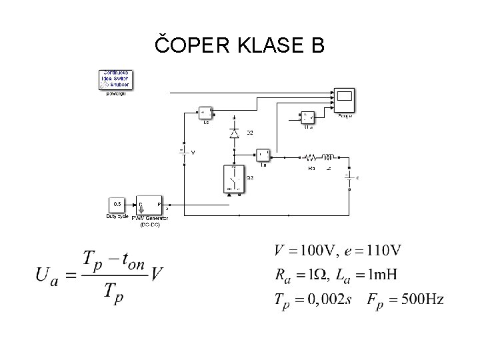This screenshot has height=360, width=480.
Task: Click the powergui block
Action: pos(116,79)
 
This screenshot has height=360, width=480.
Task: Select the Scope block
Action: pos(345,99)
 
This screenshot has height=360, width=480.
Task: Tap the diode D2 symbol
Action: pos(234,133)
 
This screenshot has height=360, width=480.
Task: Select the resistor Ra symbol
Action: pos(311,159)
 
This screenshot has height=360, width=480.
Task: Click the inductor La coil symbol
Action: pos(328,159)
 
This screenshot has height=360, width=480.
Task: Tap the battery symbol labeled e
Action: pos(348,177)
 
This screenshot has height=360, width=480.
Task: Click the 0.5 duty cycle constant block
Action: pos(117,203)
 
